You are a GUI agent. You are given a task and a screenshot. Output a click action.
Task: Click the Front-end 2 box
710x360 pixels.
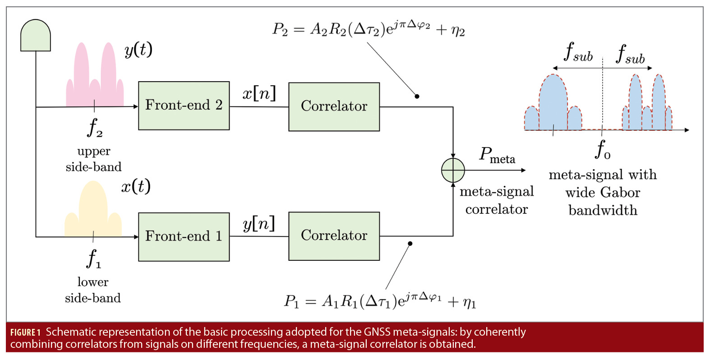point(184,106)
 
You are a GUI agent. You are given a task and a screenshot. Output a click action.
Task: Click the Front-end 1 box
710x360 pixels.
point(184,236)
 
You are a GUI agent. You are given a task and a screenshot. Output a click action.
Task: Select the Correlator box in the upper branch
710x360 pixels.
point(334,106)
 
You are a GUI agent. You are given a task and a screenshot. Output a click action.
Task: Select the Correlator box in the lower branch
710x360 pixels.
point(334,235)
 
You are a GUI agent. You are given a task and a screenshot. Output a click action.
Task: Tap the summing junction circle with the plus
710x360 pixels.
point(453,171)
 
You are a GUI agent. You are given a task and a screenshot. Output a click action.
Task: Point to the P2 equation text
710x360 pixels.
point(368,30)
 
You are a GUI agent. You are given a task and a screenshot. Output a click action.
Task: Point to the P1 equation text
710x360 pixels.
point(380,301)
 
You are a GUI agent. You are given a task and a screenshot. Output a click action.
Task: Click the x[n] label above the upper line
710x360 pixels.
point(259,93)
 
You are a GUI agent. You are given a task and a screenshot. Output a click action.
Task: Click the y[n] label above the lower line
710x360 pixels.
point(258,224)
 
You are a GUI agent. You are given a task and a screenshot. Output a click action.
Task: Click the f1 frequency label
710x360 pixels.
point(93,258)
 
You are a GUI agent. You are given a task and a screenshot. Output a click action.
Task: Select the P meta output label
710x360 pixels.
point(497,155)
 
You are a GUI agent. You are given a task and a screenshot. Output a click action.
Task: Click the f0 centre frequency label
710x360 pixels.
point(603,150)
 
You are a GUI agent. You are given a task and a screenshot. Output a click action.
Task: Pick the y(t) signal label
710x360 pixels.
point(138,50)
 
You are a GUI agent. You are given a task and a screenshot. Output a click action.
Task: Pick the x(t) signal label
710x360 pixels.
point(136,186)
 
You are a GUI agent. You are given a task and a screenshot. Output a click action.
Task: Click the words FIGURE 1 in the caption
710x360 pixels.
point(25,333)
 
